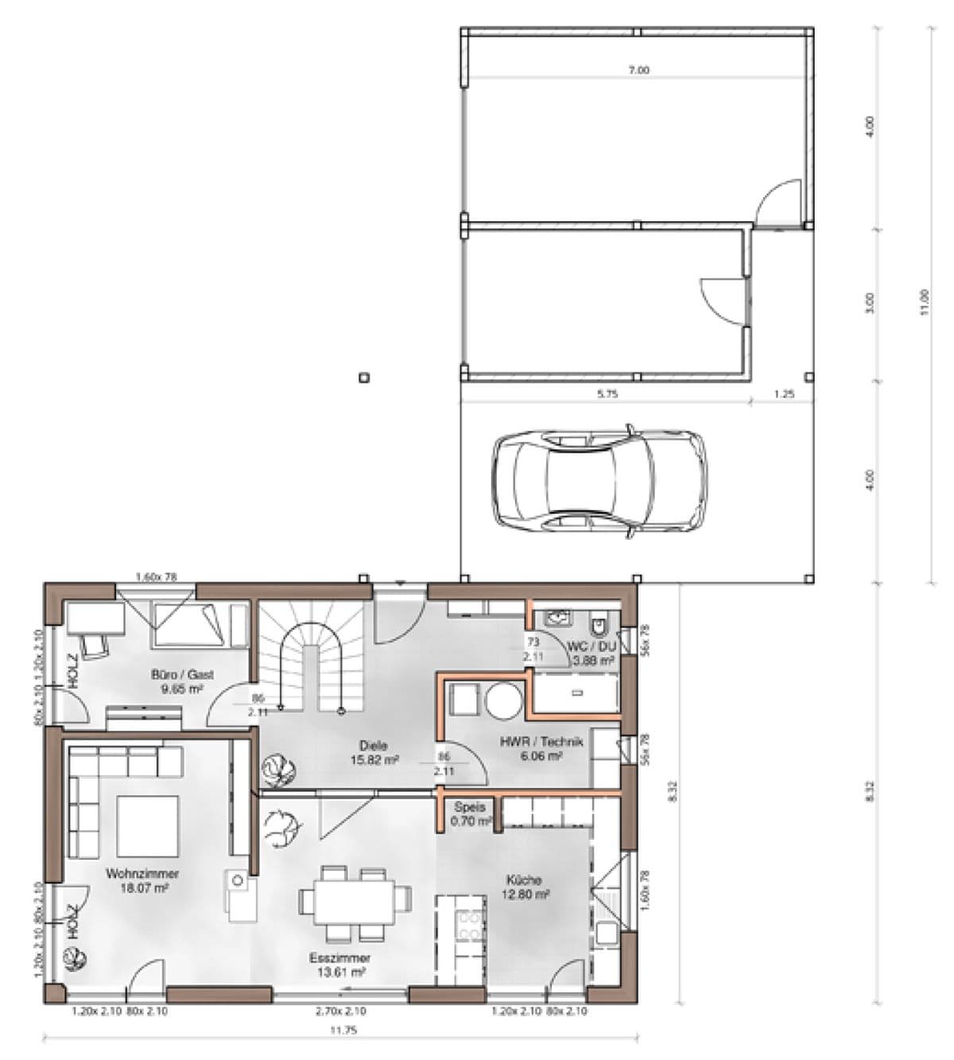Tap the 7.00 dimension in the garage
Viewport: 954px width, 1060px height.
click(x=638, y=70)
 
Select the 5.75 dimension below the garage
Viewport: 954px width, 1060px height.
click(x=607, y=394)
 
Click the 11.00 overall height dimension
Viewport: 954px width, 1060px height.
click(x=923, y=302)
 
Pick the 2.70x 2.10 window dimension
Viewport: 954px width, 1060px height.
click(x=340, y=1011)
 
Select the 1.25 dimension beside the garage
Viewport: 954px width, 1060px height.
click(x=783, y=394)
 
